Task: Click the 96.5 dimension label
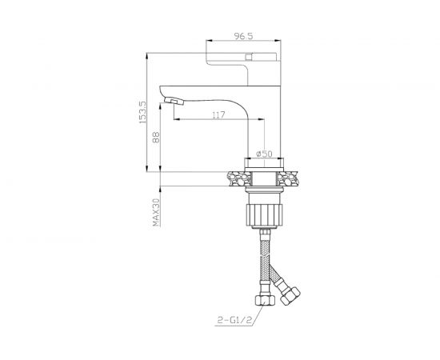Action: (243, 36)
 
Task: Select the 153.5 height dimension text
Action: (143, 113)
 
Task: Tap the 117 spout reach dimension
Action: (218, 115)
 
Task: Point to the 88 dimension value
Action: (156, 138)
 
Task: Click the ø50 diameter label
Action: (264, 154)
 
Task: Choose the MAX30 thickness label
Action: (156, 213)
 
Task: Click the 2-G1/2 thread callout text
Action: (234, 320)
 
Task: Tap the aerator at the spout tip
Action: (174, 101)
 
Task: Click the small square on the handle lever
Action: (249, 57)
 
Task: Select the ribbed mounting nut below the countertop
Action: (264, 215)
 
